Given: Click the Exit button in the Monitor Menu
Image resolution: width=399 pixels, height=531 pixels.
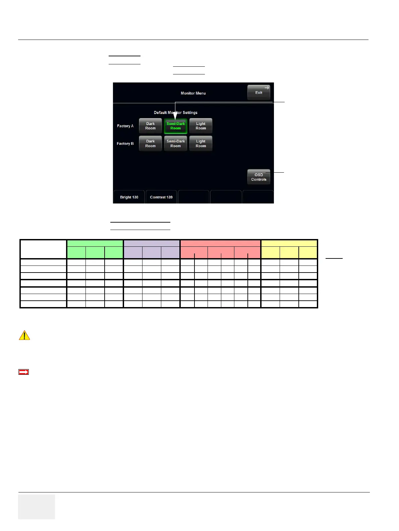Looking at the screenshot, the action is [259, 93].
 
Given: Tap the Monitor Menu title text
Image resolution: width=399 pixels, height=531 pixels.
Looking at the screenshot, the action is [193, 93].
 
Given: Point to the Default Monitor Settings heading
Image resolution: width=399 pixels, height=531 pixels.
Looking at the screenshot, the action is [175, 113].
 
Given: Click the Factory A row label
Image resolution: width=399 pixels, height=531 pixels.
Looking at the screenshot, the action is [125, 126].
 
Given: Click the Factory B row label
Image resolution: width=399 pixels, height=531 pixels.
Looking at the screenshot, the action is [125, 143].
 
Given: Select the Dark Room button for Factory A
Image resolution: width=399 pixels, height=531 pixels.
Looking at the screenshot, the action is [150, 126].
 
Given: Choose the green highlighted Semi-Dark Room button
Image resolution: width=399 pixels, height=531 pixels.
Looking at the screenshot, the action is [175, 126].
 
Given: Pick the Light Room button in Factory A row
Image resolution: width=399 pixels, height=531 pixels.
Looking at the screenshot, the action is [201, 126].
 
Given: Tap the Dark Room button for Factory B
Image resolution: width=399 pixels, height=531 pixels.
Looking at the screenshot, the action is [150, 143].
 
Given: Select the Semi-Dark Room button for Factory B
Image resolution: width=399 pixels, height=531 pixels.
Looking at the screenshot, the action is [175, 143].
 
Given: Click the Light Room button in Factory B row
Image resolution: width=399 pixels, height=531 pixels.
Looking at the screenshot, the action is [201, 143].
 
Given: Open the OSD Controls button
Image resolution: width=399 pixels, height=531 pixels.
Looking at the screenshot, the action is [259, 177].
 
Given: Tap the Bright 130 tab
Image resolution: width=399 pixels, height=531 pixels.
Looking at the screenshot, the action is [129, 197].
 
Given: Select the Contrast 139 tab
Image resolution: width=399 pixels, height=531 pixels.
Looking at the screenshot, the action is [161, 197].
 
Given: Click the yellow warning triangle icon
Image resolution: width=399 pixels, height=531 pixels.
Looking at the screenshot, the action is [24, 335].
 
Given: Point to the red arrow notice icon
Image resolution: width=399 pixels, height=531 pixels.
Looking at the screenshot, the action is [23, 372].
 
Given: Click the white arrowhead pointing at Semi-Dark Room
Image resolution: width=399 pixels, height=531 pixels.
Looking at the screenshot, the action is [175, 117].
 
